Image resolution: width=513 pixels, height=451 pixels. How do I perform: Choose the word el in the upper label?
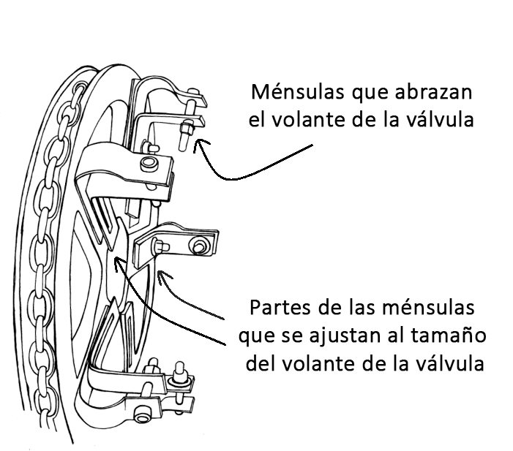(257, 120)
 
